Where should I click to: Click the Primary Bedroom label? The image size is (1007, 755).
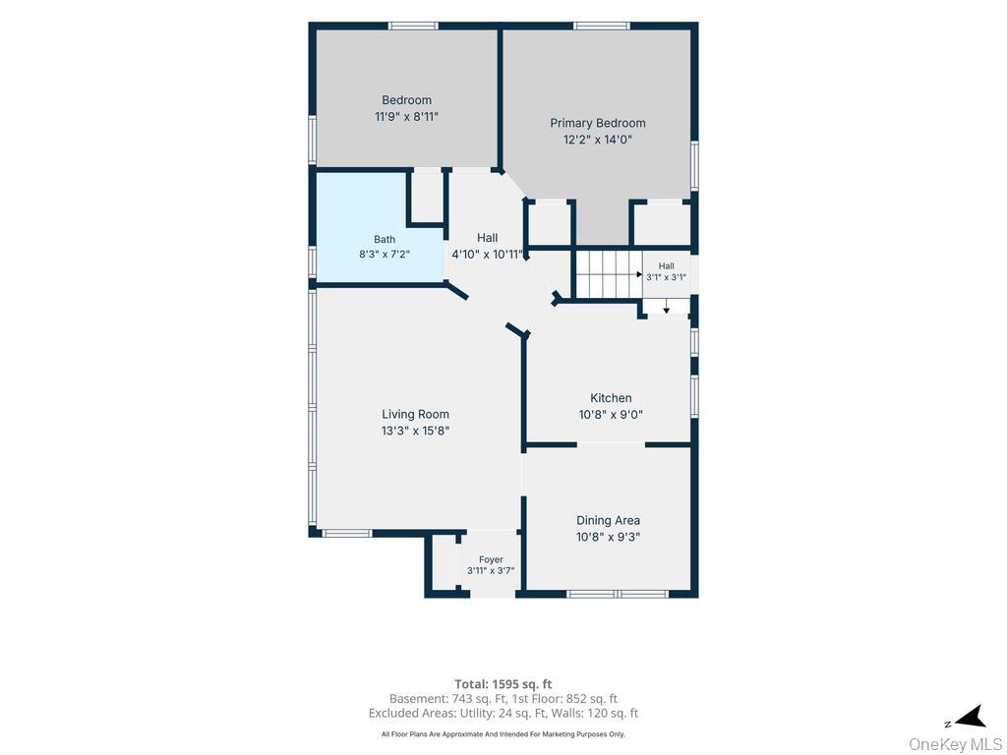click(597, 123)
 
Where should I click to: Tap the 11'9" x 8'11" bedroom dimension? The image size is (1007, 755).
click(406, 117)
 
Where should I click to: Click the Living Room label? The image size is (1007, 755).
click(416, 414)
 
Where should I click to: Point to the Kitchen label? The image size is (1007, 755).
click(611, 398)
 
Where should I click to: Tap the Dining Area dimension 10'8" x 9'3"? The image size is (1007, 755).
click(608, 537)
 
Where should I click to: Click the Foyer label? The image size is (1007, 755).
click(491, 559)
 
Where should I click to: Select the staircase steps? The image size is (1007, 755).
click(608, 274)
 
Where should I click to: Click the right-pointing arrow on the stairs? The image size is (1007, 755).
click(639, 274)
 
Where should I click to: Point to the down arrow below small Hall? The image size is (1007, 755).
click(667, 307)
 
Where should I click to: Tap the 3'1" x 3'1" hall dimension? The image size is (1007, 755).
click(666, 277)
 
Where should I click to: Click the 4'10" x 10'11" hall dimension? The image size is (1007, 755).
click(488, 255)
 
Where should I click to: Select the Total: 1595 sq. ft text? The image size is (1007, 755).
click(503, 684)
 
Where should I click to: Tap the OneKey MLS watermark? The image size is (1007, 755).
click(955, 745)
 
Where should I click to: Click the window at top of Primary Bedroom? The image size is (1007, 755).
click(602, 26)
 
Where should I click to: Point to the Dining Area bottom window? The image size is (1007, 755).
click(618, 594)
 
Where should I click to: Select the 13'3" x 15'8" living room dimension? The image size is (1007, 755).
click(416, 431)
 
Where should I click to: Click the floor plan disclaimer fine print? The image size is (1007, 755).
click(503, 734)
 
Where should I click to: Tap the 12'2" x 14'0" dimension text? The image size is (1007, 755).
click(598, 140)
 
